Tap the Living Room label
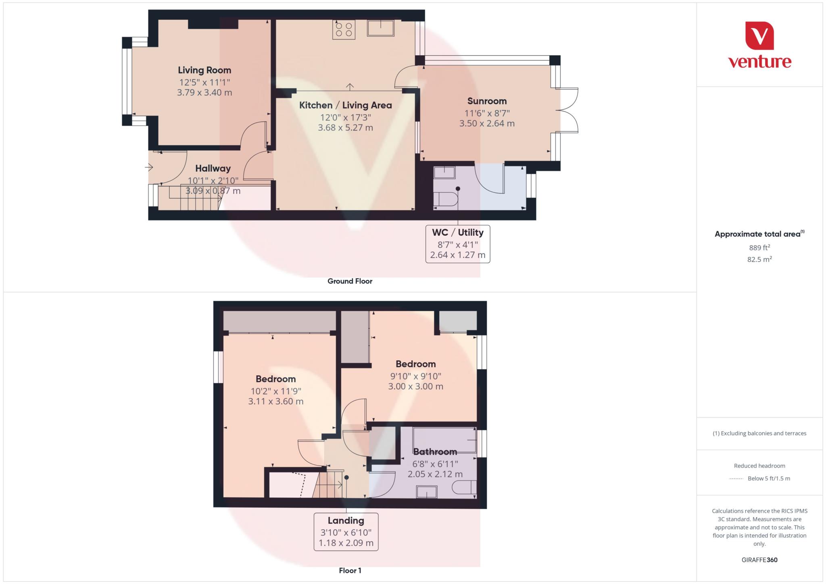point(204,70)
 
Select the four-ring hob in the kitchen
point(344,29)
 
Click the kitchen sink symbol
point(380,28)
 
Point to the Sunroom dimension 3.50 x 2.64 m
point(487,124)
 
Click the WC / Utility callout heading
point(457,233)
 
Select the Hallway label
point(213,168)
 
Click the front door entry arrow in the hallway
point(149,167)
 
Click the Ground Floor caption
point(350,281)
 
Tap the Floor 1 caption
point(350,570)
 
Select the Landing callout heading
point(346,520)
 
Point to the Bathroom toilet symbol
point(464,488)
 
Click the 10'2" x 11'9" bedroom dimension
point(276,391)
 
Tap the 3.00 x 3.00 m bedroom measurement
point(415,387)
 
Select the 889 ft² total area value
point(759,248)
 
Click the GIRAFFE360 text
point(759,560)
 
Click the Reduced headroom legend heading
point(759,466)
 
